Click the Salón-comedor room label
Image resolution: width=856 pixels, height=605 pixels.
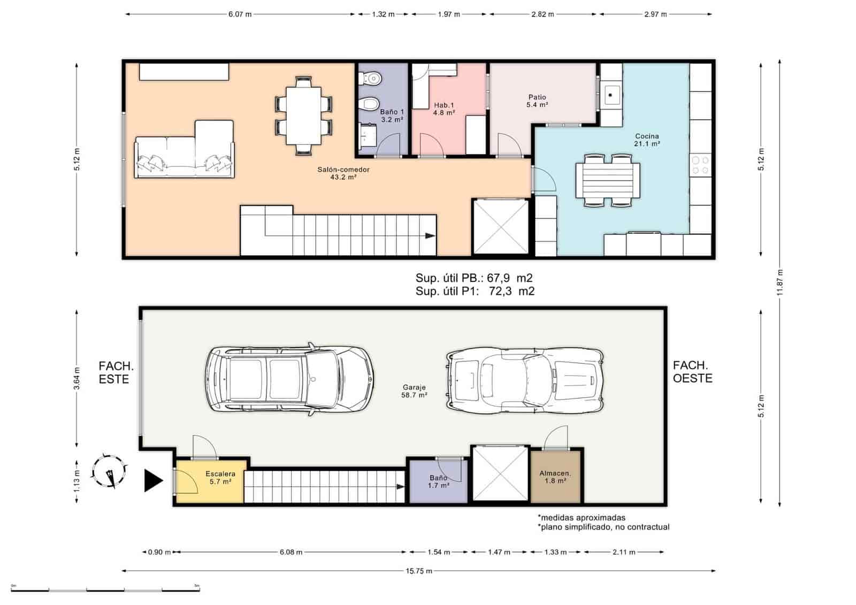click(343, 173)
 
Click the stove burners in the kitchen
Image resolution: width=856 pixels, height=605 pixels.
click(700, 165)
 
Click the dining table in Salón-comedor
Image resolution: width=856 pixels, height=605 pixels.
click(303, 115)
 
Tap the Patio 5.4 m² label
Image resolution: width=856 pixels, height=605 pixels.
click(537, 101)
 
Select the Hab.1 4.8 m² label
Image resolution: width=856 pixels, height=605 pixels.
click(444, 109)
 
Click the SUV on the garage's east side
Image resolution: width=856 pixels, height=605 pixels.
click(289, 379)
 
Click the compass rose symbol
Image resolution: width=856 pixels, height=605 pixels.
click(110, 471)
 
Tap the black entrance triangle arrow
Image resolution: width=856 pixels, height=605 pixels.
click(153, 480)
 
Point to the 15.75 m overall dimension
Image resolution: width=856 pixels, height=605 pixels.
click(418, 571)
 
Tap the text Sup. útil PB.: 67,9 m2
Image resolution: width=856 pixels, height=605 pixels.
click(474, 278)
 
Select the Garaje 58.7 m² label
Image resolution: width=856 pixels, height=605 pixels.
click(414, 391)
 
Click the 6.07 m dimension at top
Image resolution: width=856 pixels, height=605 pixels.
click(240, 14)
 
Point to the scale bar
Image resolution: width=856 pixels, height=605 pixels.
click(105, 590)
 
